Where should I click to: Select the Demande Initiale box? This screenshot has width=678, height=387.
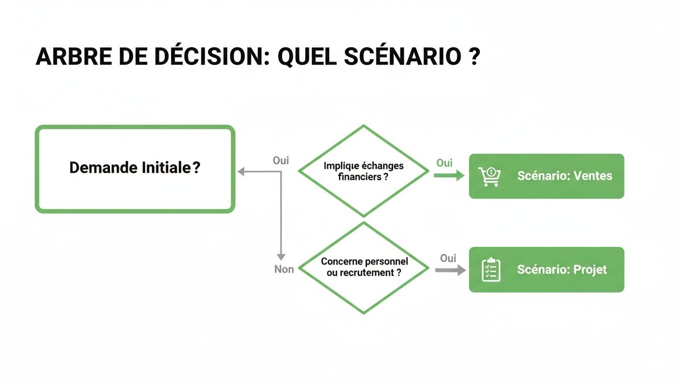[135, 169]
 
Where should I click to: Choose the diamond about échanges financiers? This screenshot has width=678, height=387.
[364, 171]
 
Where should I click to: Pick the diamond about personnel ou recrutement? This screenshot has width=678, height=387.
[364, 268]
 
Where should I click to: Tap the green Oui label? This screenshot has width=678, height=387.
[444, 163]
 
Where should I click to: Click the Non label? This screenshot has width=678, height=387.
[284, 270]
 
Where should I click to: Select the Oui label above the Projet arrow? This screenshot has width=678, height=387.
[448, 259]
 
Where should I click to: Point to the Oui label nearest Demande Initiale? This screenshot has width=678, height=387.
[281, 161]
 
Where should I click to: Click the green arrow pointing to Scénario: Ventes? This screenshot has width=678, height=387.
[449, 175]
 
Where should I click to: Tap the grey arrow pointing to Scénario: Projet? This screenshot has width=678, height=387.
[450, 271]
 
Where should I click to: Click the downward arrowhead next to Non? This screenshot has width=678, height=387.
[281, 256]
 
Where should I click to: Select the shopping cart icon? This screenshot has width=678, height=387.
[489, 176]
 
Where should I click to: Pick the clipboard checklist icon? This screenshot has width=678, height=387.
[491, 270]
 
